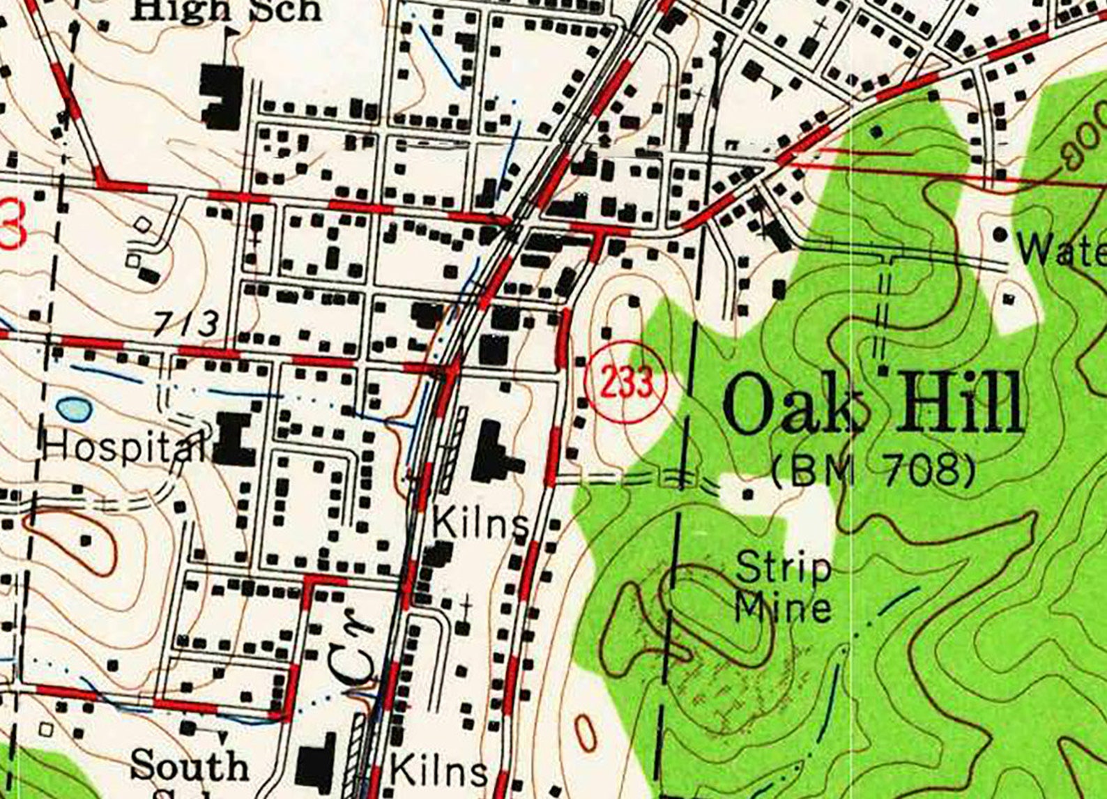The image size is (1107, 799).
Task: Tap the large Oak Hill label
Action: [873, 404]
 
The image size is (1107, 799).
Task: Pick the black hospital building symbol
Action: [234, 439]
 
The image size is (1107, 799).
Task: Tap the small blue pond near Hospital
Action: [74, 409]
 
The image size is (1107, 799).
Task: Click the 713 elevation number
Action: [185, 324]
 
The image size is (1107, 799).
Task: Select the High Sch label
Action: [227, 10]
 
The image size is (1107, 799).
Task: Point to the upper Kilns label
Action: [481, 523]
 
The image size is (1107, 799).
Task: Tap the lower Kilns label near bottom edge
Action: [438, 771]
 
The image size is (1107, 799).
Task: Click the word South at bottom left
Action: [189, 766]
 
